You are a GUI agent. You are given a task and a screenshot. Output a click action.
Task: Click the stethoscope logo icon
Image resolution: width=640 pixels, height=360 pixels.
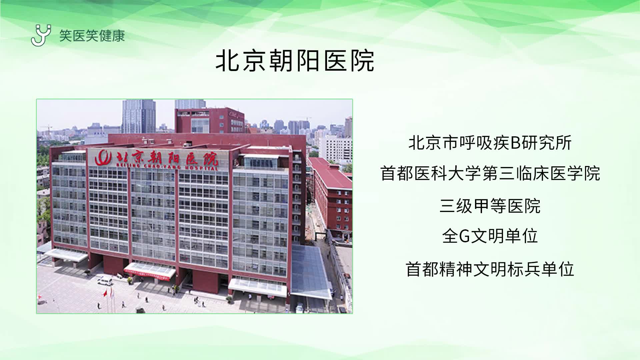41,35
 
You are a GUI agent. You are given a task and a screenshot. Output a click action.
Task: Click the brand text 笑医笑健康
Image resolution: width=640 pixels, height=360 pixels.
92,36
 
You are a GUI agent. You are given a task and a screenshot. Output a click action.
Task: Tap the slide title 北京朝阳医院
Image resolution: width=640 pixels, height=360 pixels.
295,61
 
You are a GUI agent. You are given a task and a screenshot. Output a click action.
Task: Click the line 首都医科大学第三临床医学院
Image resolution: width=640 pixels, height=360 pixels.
490,174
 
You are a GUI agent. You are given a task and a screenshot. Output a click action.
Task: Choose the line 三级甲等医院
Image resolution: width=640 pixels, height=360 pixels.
490,206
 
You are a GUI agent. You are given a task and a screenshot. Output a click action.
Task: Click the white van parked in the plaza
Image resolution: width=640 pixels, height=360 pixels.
105,282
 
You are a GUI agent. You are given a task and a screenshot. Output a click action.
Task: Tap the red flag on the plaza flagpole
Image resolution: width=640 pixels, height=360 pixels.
105,294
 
